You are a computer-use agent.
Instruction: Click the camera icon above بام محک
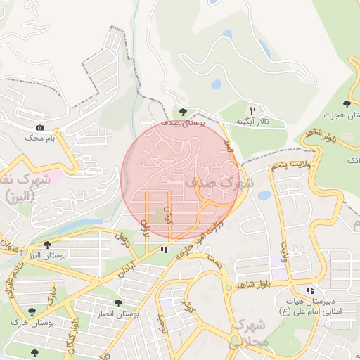[x=39, y=127]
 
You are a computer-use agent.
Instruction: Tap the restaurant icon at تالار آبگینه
[x=252, y=110]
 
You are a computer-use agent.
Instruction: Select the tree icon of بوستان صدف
[x=183, y=112]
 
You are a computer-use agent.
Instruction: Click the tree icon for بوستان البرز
[x=46, y=245]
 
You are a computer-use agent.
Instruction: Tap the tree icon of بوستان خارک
[x=32, y=311]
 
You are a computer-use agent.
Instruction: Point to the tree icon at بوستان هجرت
[x=346, y=104]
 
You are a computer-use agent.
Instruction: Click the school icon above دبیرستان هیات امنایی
[x=309, y=290]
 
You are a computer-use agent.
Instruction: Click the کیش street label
[x=167, y=214]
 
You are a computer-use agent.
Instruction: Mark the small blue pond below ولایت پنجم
[x=264, y=195]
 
